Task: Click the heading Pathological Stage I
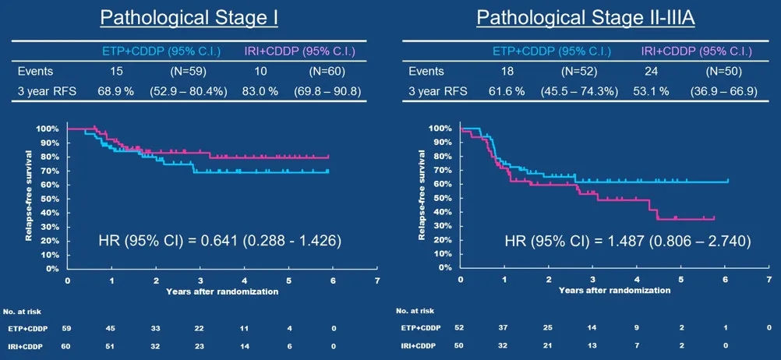[x=189, y=17]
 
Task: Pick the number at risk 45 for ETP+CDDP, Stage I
[x=112, y=330]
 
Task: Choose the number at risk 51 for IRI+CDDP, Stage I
[x=112, y=345]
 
